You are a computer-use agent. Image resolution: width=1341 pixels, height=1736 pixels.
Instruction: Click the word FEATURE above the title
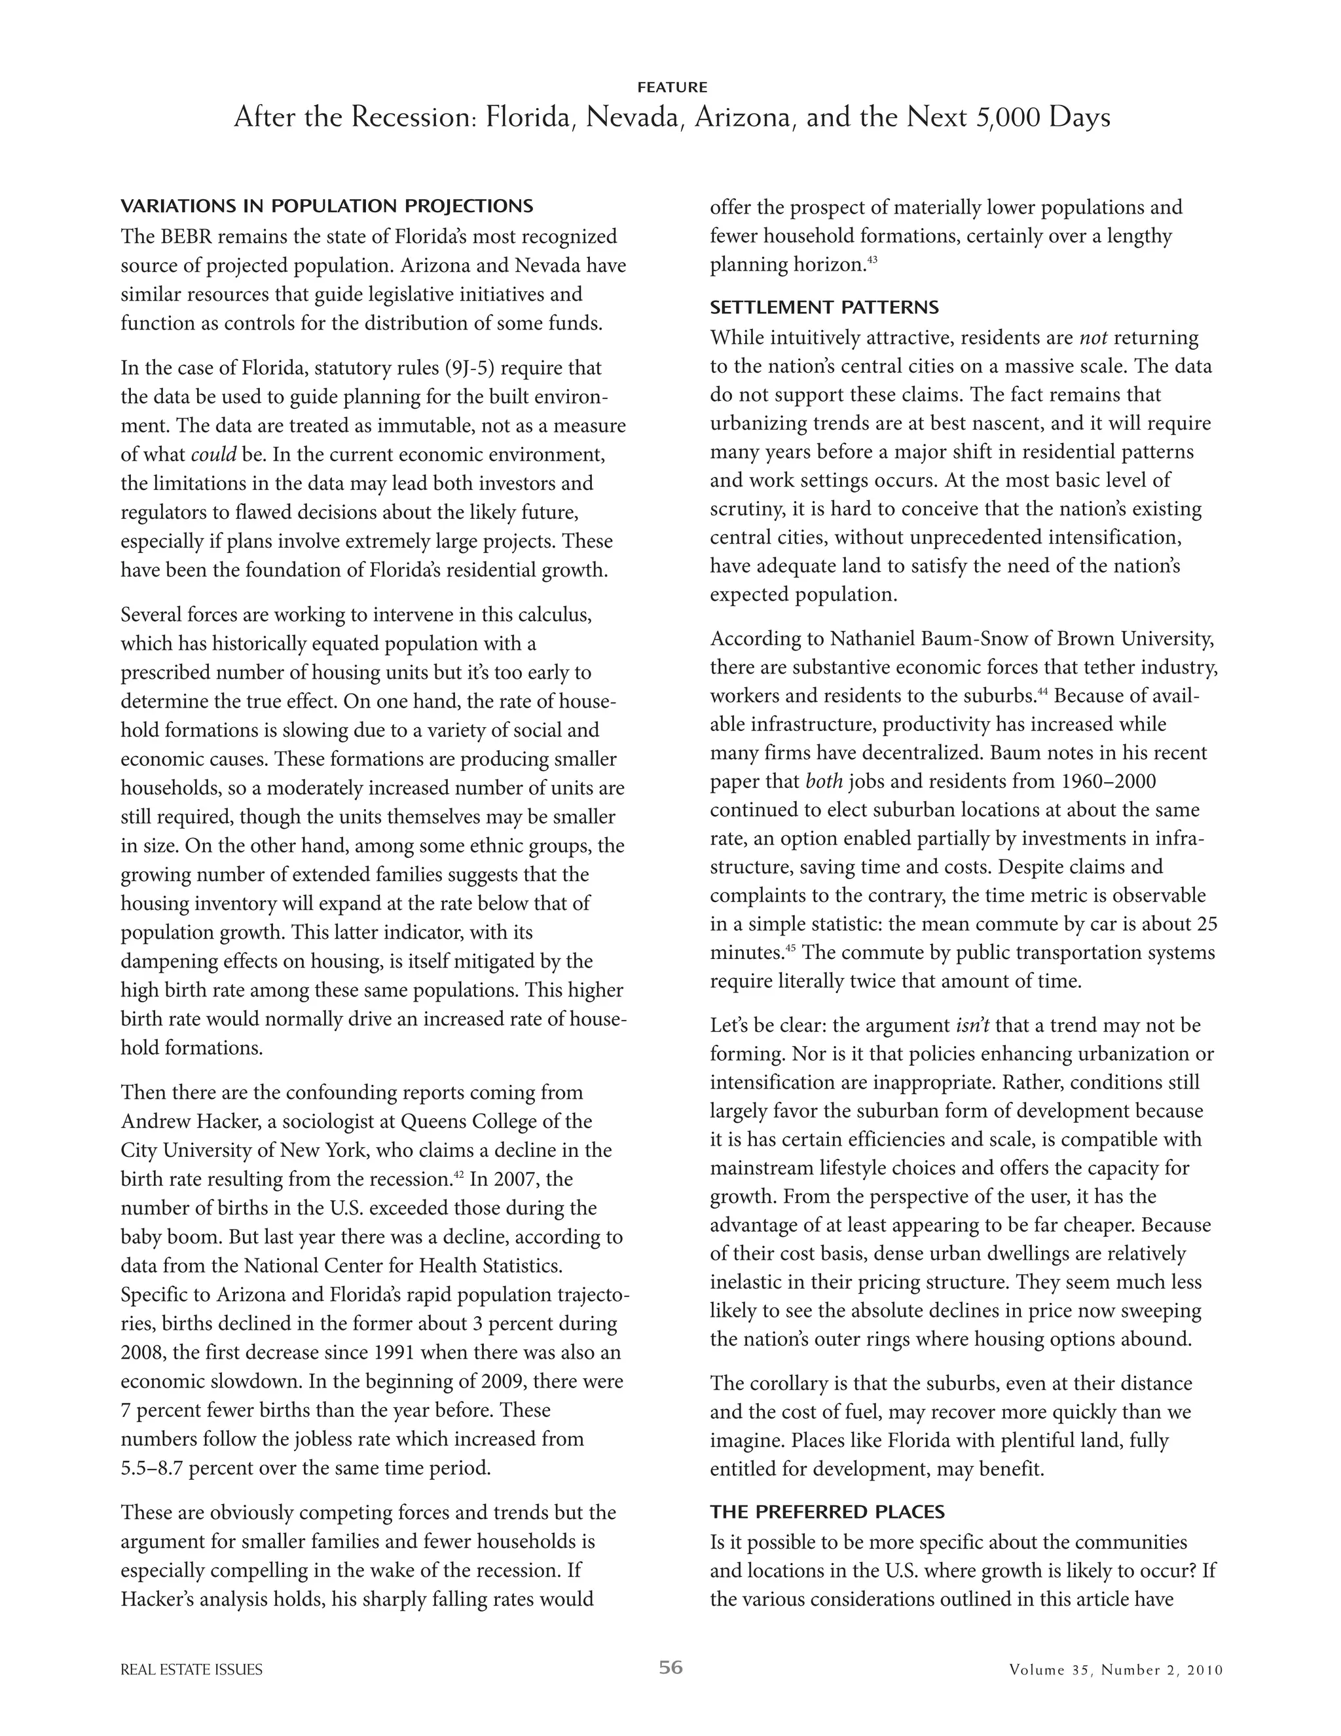tap(671, 87)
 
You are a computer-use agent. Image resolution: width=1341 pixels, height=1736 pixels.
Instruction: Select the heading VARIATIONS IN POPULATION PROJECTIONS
tap(327, 206)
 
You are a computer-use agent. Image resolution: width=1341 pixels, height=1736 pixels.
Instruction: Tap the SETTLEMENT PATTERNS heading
tap(824, 308)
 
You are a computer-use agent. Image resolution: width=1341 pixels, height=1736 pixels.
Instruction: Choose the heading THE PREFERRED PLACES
tap(827, 1511)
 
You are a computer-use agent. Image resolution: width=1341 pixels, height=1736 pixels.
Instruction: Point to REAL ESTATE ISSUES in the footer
tap(191, 1670)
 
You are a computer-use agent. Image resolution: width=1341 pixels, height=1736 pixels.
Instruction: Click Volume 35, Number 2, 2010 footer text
tap(1115, 1670)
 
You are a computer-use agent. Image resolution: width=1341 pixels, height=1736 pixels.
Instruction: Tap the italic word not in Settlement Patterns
tap(1093, 338)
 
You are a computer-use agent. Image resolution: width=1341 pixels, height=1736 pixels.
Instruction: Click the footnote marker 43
tap(872, 259)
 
